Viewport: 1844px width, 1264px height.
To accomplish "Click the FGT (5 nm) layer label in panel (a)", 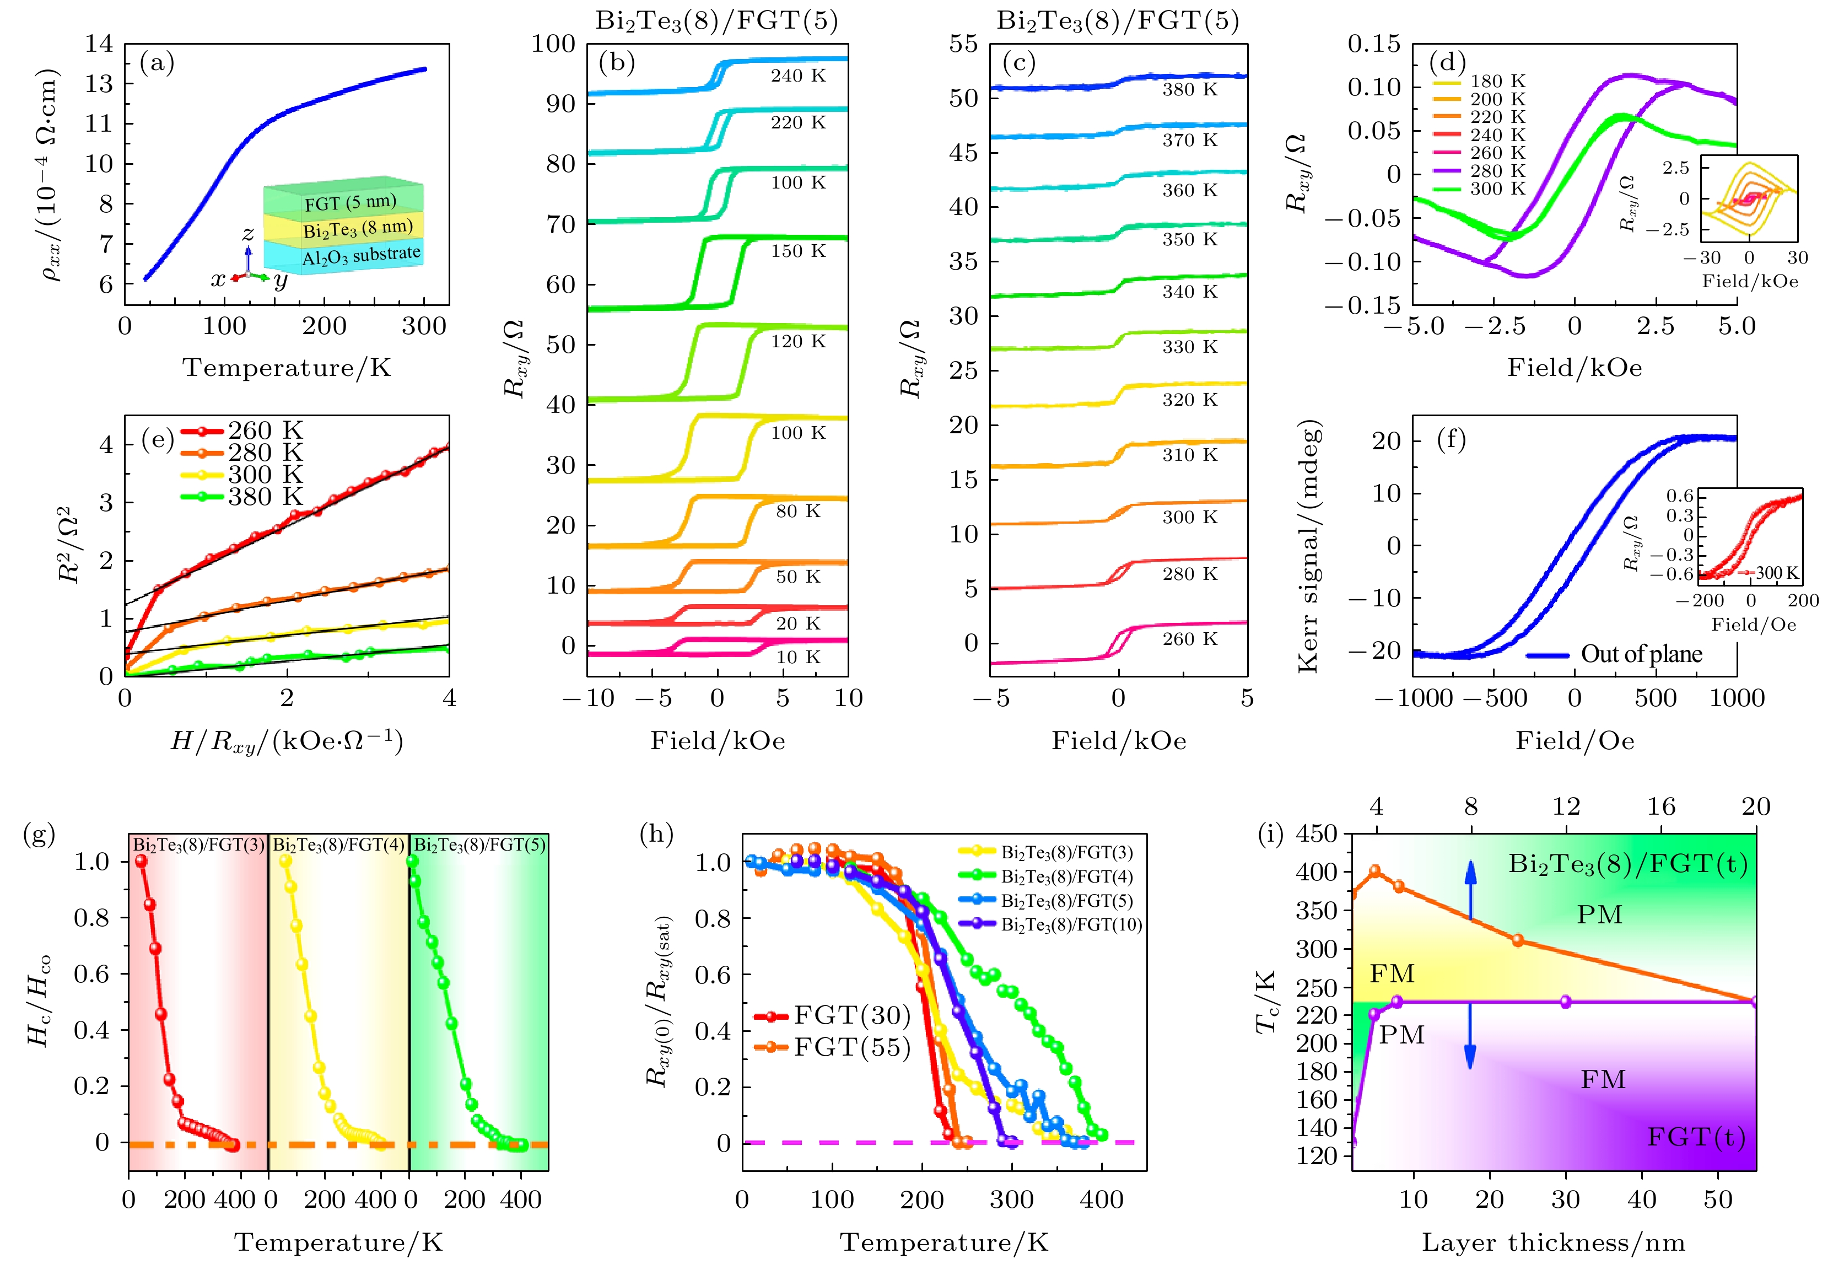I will [x=350, y=202].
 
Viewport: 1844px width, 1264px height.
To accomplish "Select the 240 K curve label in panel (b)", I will [x=798, y=76].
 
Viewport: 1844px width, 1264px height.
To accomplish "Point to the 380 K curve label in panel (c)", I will [x=1189, y=90].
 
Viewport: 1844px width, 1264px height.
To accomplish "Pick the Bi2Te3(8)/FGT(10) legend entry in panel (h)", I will [x=1071, y=925].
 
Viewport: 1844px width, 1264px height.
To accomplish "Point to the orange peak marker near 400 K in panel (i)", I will [x=1375, y=871].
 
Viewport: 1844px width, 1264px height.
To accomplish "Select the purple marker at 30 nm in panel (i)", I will [x=1566, y=1002].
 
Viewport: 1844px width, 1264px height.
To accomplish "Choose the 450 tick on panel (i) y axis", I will [x=1317, y=835].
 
